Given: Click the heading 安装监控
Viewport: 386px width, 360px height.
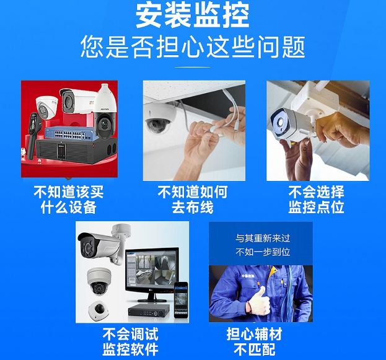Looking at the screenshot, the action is [x=193, y=15].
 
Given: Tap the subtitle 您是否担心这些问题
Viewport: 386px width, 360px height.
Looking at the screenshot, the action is [x=193, y=47].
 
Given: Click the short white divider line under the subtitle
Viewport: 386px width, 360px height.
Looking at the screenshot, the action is [x=193, y=67].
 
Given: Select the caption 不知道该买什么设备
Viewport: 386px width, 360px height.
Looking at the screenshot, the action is [x=69, y=200].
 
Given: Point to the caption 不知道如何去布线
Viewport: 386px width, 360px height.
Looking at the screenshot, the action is [x=193, y=200].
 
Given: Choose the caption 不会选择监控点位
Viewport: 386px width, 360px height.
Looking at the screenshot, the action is [x=316, y=200].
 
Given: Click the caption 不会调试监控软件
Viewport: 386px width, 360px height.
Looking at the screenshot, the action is [x=131, y=341].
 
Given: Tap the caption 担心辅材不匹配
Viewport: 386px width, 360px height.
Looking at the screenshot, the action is [x=254, y=341].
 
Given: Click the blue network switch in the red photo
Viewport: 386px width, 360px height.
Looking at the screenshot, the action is [x=69, y=134].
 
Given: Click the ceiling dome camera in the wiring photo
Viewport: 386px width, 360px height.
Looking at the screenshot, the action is [x=158, y=120].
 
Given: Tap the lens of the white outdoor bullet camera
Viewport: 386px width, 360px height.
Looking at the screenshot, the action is [x=279, y=121].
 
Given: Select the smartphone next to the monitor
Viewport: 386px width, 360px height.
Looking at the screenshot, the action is [x=181, y=300].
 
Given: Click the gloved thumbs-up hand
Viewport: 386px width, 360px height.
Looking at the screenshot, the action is [x=258, y=302].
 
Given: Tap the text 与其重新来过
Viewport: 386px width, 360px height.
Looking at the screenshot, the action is [x=263, y=238].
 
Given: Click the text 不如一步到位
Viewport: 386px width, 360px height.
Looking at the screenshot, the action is [x=263, y=252].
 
